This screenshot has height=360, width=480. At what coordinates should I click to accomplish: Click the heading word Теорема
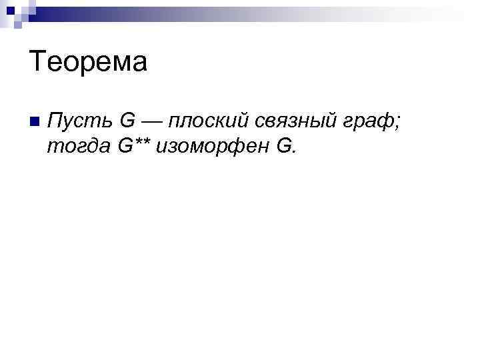[x=88, y=63]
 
